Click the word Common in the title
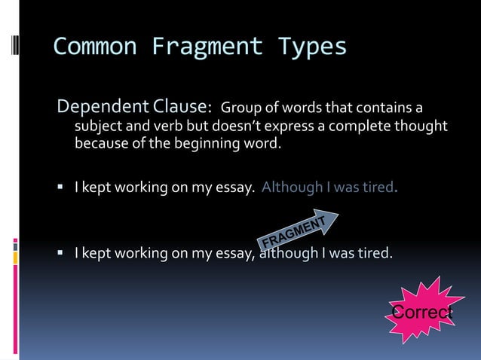click(95, 47)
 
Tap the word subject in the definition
click(98, 124)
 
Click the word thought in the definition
click(421, 124)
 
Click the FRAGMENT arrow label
click(299, 230)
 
